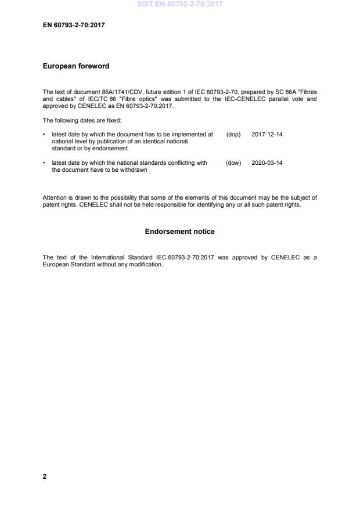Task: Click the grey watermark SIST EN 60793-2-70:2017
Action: [x=179, y=4]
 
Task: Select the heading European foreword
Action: [x=76, y=66]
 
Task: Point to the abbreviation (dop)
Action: [x=233, y=134]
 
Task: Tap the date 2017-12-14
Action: [x=267, y=134]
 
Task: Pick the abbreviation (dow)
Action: [x=233, y=163]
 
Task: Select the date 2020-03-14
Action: [x=267, y=163]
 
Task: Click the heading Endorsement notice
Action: [x=179, y=232]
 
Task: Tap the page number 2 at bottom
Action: [x=45, y=476]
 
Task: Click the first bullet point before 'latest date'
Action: [x=45, y=134]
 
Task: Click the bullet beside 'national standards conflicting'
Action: [x=45, y=163]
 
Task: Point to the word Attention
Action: [x=55, y=197]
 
